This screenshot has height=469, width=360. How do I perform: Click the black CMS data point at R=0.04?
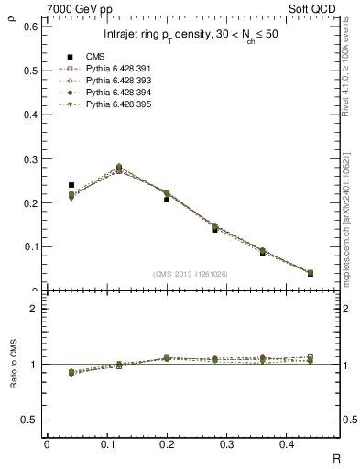coord(71,185)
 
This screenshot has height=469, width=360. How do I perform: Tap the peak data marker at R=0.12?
coord(119,169)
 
